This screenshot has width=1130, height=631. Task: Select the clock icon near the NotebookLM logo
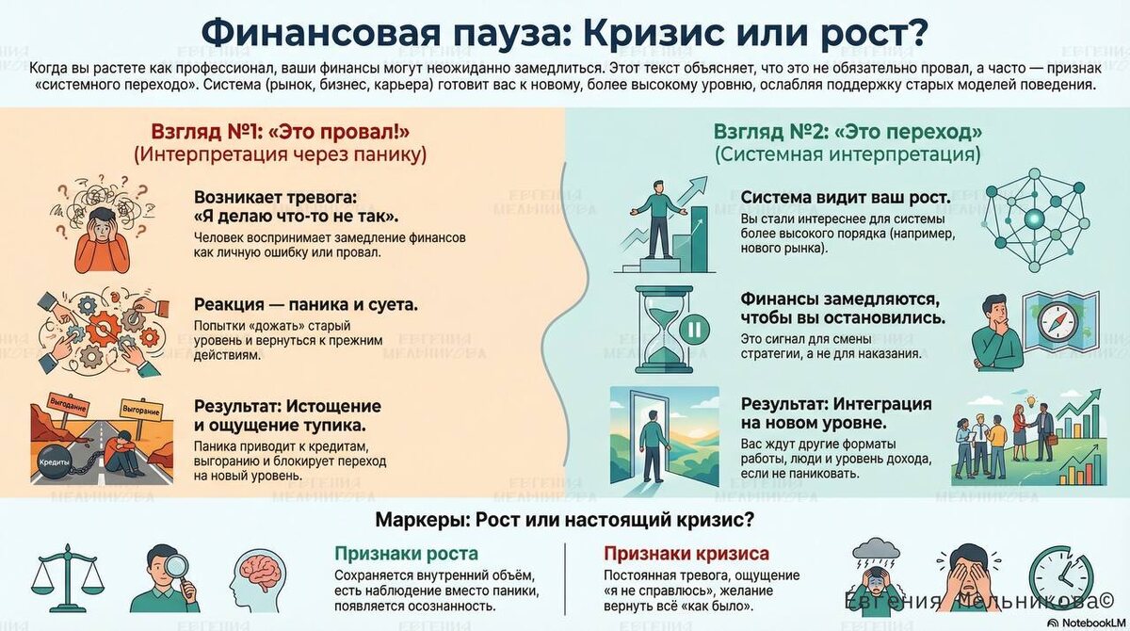point(1060,575)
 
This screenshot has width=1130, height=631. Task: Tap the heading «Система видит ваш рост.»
point(845,198)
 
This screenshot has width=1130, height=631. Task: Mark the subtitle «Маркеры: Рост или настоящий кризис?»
point(565,519)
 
